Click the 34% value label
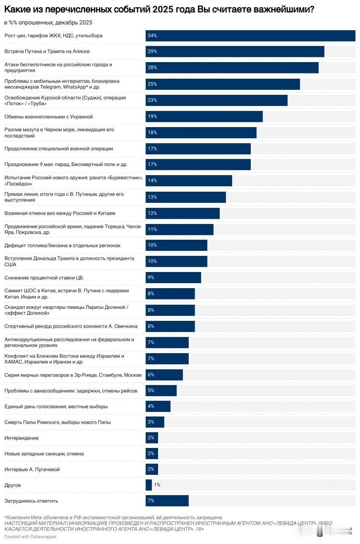(152, 36)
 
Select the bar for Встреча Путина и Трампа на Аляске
(235, 51)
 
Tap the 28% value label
(152, 68)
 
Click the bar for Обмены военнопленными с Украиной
(204, 116)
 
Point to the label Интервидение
(22, 438)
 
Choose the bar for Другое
(149, 485)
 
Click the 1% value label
(157, 485)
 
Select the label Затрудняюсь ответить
(31, 501)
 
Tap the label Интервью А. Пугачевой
(32, 469)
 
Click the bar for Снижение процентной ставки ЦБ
(173, 278)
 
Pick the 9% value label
(151, 278)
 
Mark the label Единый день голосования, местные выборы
(56, 406)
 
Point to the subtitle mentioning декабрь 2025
(48, 22)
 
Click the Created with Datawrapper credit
(30, 536)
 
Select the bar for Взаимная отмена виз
(182, 213)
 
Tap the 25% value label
(152, 84)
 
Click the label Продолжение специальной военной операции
(59, 149)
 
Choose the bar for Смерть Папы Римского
(155, 422)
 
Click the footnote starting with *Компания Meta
(113, 517)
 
